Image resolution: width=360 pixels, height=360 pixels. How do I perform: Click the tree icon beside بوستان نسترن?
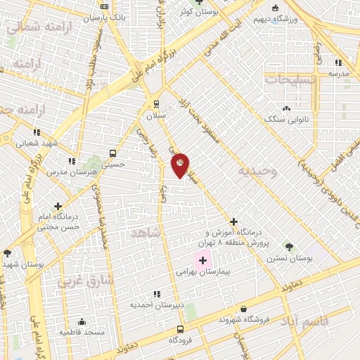point(289,247)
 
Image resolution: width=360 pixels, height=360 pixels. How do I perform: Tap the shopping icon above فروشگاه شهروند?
point(243,309)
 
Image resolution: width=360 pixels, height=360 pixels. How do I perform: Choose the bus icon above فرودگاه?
point(180,329)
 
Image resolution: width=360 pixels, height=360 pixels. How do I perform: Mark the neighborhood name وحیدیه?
point(257,171)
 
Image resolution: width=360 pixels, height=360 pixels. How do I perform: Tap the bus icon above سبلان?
point(156,102)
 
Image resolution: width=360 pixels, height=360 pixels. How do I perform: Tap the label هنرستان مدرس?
point(65,172)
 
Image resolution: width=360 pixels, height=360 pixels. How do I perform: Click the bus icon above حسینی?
point(112,153)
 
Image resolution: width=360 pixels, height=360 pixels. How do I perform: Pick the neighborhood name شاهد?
point(145,231)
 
